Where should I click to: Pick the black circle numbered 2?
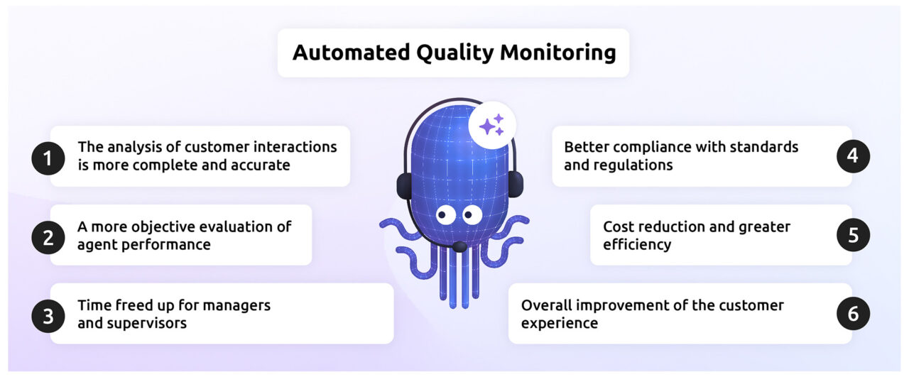(x=48, y=237)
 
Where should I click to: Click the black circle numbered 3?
(x=48, y=316)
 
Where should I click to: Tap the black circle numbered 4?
(x=853, y=157)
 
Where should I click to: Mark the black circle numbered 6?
(x=853, y=315)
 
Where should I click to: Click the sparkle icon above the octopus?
(x=491, y=126)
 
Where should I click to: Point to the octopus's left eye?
(x=446, y=214)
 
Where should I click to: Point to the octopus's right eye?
(x=472, y=213)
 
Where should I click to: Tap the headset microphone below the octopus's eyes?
(x=460, y=246)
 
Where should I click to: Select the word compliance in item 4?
(x=642, y=147)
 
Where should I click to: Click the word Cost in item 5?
(x=618, y=227)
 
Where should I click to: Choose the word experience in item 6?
(x=560, y=324)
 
